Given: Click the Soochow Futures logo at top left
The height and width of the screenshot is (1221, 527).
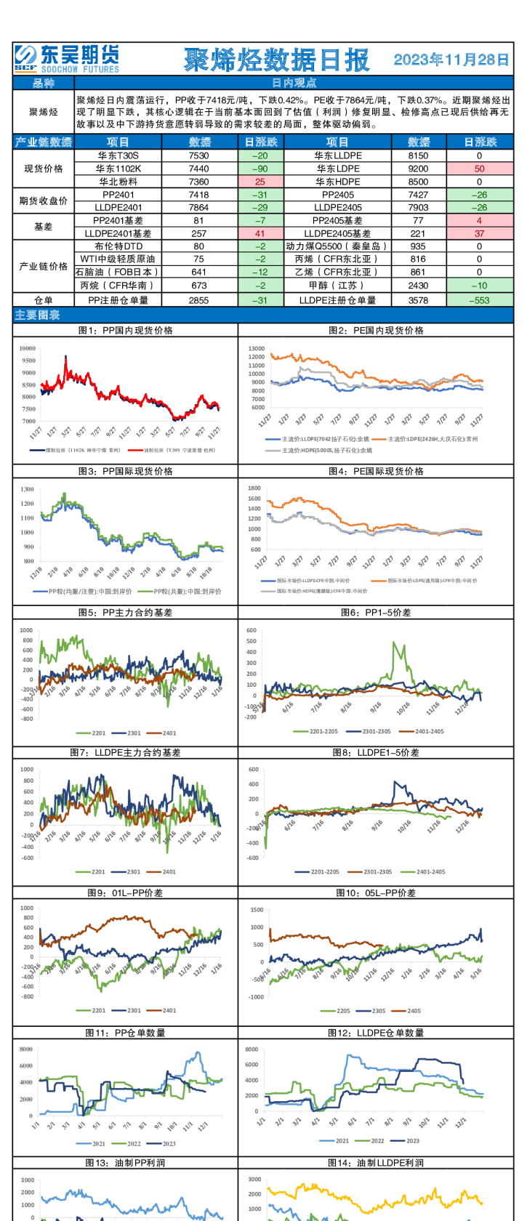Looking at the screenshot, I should pos(67,59).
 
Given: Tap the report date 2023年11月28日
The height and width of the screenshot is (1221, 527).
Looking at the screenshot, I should pos(451,60).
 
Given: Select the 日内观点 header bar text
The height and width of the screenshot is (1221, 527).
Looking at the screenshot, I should pos(294,84).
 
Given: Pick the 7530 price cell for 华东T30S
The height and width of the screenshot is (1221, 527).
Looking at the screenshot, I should pos(198,156).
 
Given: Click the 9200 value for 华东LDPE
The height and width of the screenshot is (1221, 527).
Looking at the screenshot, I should pos(418,169).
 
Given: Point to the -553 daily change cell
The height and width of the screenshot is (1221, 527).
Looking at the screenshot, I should pos(479,300).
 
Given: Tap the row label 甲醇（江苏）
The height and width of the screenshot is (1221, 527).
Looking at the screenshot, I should pos(337,286).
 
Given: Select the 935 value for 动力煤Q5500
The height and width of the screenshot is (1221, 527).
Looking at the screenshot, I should pos(418,246).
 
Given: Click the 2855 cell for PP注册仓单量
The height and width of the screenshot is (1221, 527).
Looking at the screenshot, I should pos(198,300).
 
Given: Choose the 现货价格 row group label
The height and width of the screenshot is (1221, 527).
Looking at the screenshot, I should pos(44,169).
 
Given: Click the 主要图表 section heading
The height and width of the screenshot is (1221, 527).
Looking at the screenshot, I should pos(38,315).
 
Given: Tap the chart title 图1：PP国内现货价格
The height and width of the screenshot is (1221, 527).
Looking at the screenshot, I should pos(126,330).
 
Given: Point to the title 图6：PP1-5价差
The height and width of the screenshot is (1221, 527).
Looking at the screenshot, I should pos(376,613).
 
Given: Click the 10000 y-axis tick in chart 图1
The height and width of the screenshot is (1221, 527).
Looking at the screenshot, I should pos(28,349).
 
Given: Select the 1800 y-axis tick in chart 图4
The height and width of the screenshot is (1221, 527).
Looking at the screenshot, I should pos(254,488).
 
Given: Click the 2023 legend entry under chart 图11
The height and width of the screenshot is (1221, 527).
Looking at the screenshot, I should pos(169,1144).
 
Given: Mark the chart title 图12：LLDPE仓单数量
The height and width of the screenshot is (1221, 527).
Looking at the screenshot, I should pos(376,1033).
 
